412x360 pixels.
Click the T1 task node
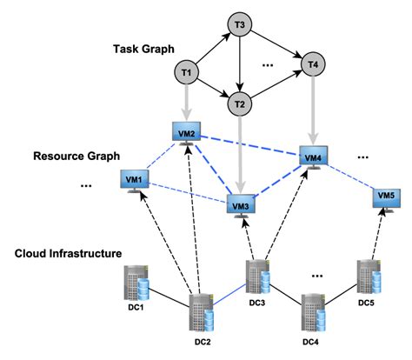(x=186, y=71)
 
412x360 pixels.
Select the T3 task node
(x=239, y=23)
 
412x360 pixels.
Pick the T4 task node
(x=310, y=63)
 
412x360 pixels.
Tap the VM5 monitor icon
(x=388, y=198)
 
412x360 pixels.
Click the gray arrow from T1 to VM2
(x=187, y=102)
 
